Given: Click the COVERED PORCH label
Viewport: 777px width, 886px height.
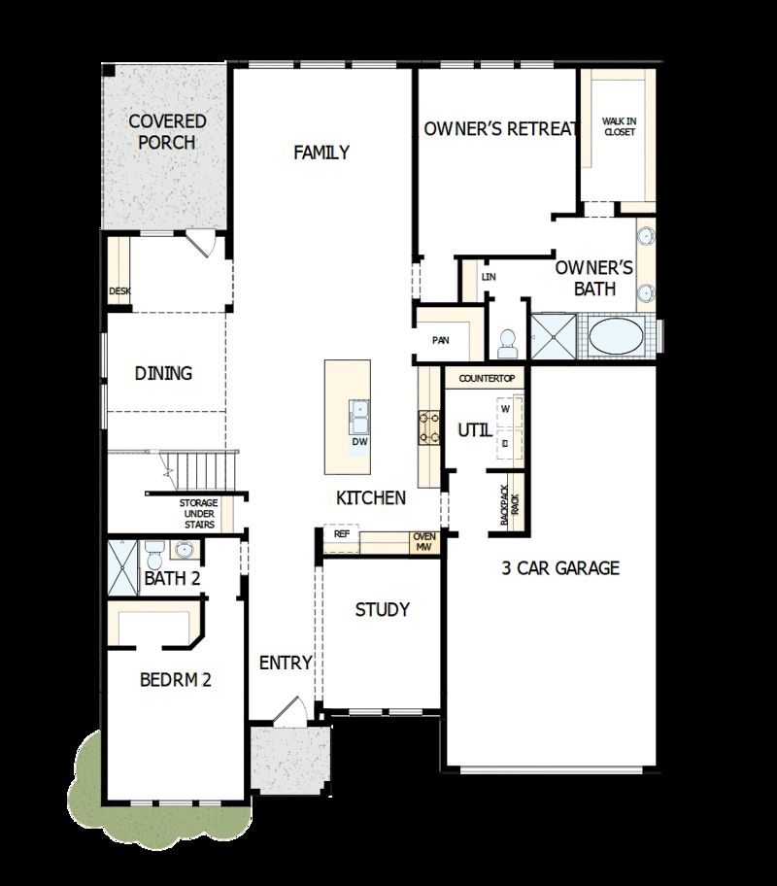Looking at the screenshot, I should tap(168, 132).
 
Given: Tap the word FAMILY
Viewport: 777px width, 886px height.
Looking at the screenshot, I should tap(321, 153).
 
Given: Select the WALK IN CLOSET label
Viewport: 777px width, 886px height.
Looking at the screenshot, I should tap(619, 126).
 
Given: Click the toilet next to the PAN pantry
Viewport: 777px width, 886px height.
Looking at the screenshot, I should tap(505, 341).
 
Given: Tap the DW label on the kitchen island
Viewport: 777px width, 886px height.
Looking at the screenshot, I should tap(359, 441).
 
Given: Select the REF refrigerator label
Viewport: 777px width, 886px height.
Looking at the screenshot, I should tap(342, 534).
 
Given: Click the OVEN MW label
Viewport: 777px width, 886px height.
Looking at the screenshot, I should tap(423, 542).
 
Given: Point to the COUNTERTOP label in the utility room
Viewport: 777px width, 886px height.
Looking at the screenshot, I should tap(485, 377).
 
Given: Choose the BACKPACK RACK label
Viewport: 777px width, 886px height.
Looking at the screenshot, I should tap(510, 504).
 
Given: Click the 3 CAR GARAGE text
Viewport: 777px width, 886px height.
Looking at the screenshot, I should tap(560, 568).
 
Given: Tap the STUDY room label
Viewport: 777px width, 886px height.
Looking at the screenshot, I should tap(382, 610).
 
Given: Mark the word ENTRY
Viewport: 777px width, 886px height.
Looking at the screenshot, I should tap(286, 664).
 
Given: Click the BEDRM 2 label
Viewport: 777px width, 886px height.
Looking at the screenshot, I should tap(176, 680).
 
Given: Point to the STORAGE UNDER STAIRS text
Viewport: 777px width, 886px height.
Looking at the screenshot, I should tap(197, 514).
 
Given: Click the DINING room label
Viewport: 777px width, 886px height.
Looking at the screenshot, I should tap(163, 373).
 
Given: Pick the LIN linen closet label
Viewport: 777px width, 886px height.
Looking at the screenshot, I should tap(489, 278).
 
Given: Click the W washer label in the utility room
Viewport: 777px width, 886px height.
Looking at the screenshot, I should tap(505, 408).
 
